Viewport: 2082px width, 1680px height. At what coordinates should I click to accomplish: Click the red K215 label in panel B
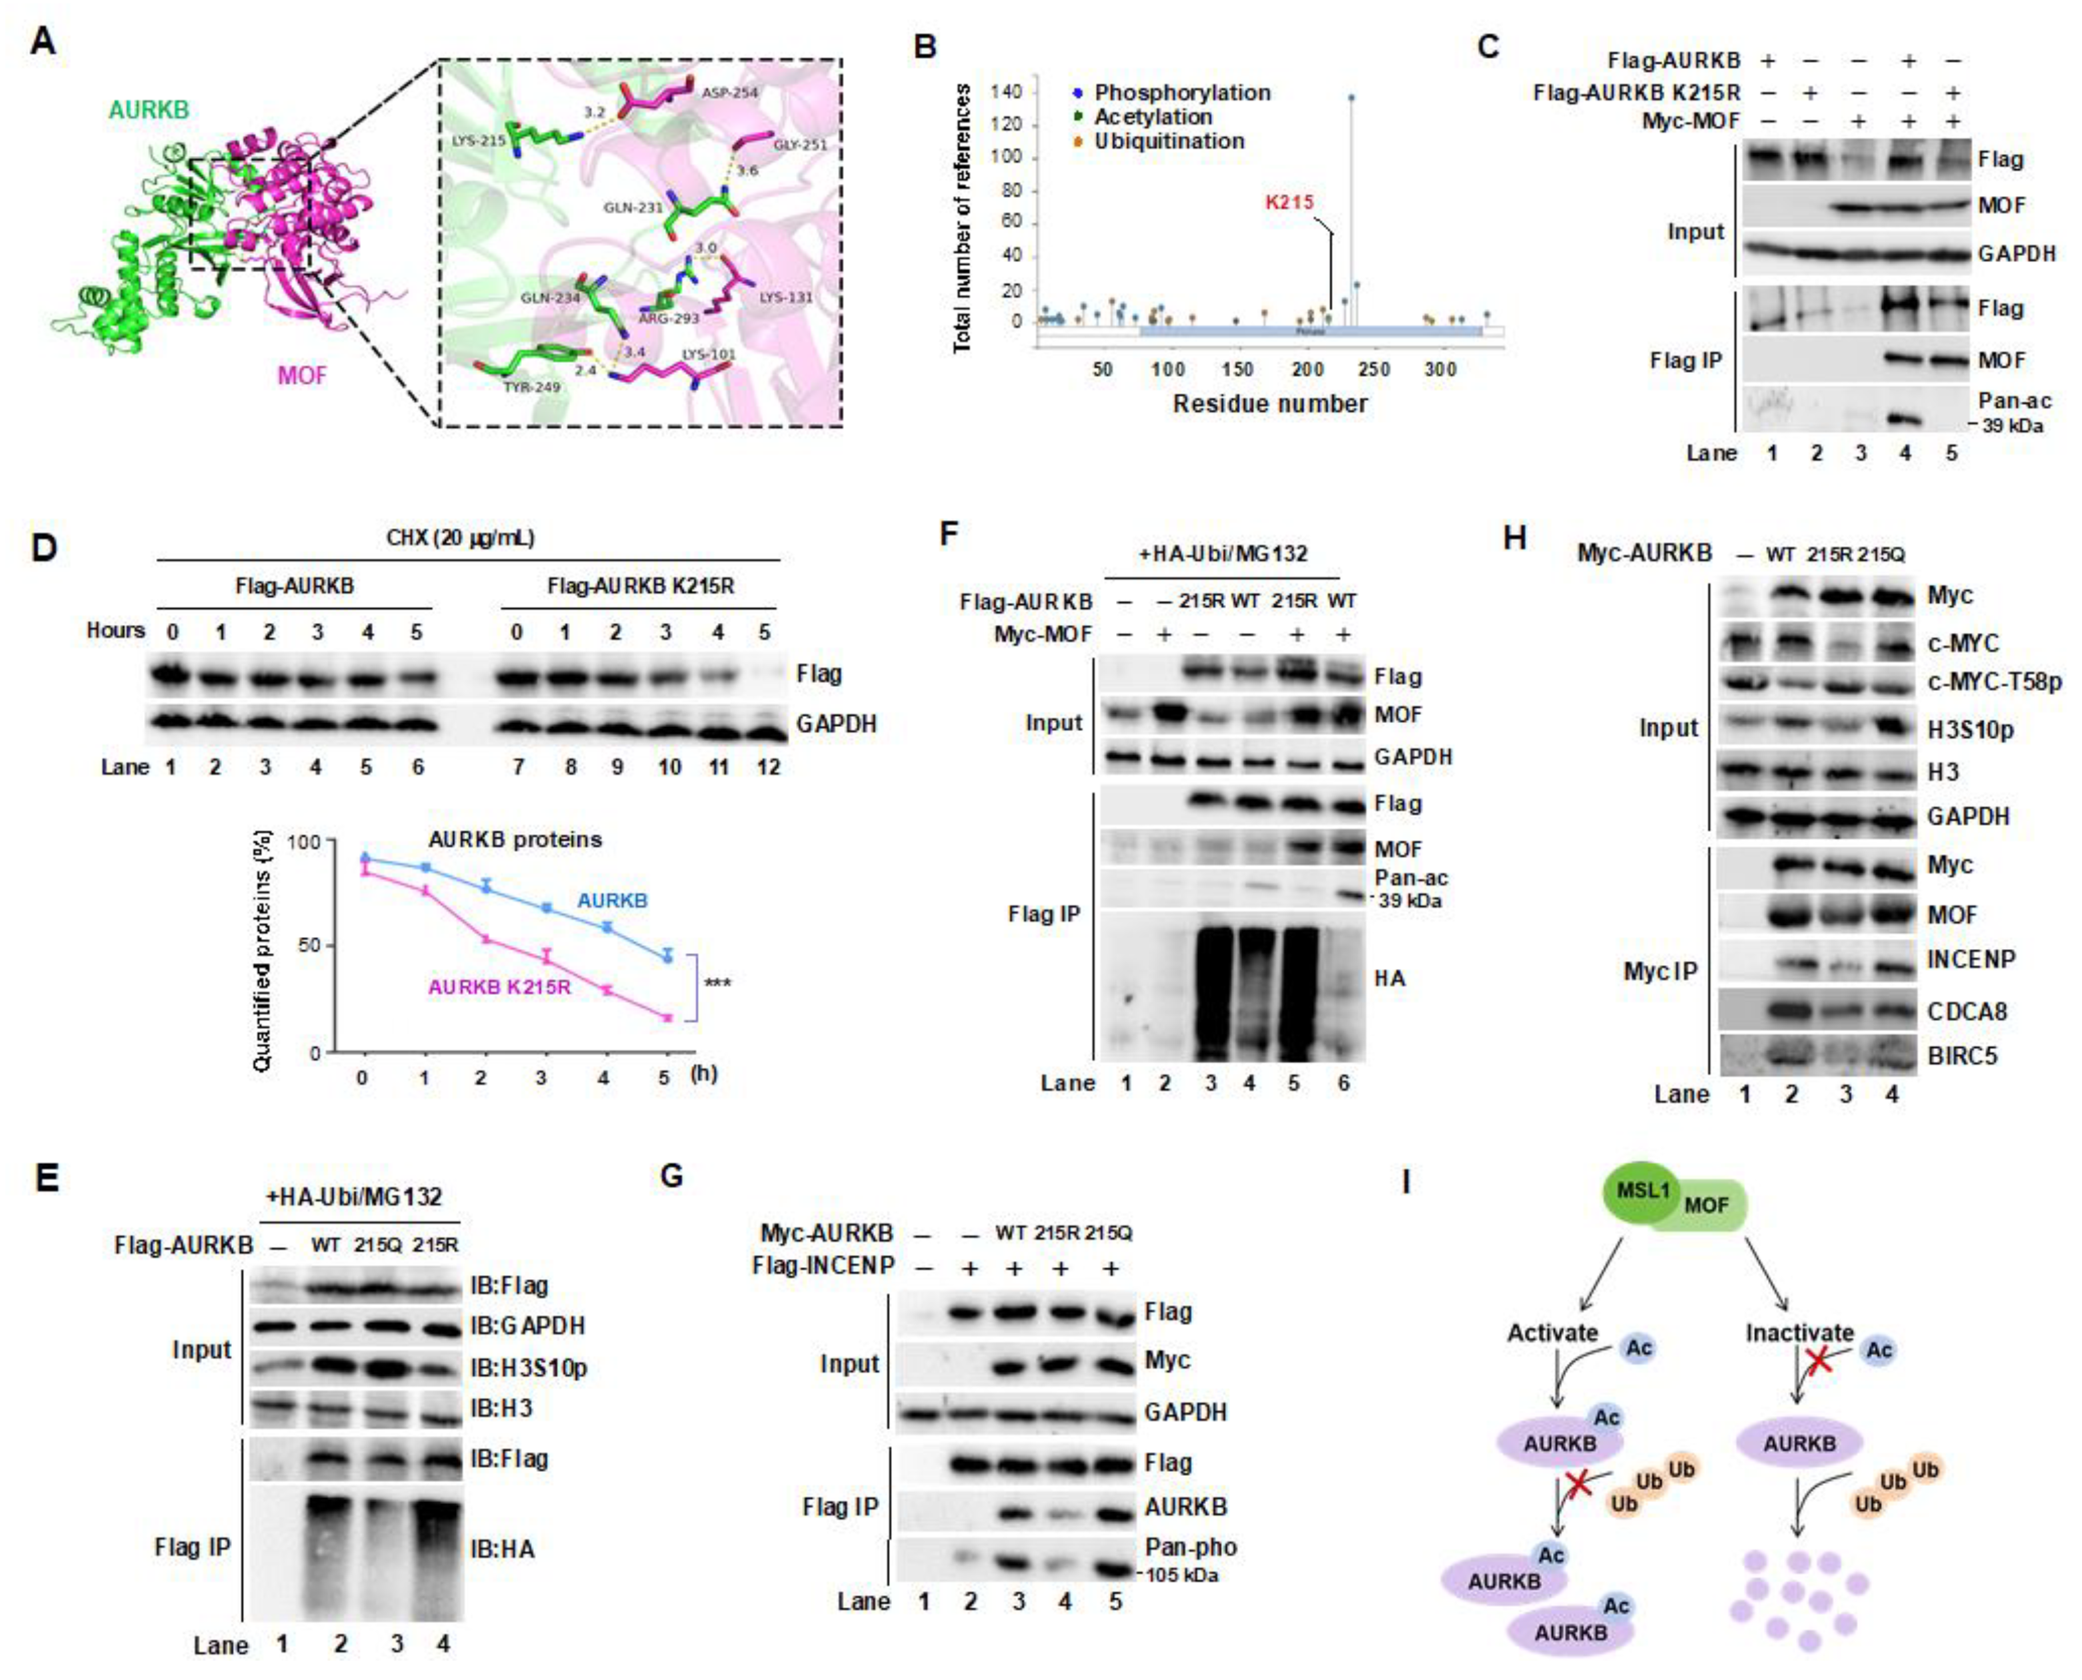click(x=1289, y=202)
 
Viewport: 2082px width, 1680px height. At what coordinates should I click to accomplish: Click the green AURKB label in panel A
click(x=148, y=110)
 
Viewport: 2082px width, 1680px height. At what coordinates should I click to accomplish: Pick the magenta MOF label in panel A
click(x=302, y=375)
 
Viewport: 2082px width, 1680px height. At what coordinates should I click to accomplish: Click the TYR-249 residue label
click(x=504, y=387)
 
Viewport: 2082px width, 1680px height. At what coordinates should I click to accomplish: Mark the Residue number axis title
click(x=1270, y=403)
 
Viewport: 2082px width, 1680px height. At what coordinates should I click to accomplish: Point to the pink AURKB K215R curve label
click(x=499, y=987)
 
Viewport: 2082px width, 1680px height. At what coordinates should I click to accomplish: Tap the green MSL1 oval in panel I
click(x=1642, y=1190)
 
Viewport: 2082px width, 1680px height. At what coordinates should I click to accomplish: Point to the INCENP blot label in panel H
click(x=1971, y=959)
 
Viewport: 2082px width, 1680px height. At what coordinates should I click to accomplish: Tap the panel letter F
click(x=950, y=534)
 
